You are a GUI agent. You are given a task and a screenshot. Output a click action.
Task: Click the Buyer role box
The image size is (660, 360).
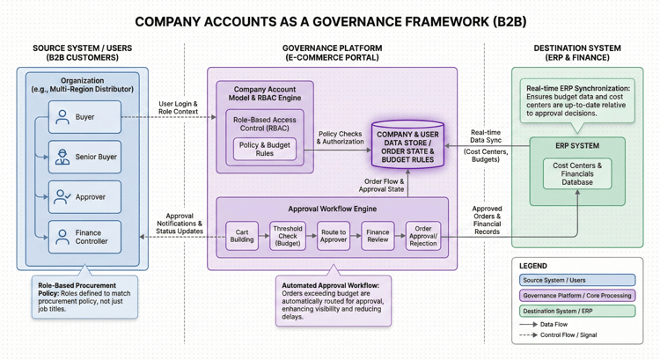(x=84, y=117)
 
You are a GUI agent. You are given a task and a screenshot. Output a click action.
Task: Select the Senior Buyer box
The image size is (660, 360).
(x=84, y=158)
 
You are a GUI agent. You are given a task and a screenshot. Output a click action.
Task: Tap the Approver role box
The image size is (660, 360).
(x=84, y=197)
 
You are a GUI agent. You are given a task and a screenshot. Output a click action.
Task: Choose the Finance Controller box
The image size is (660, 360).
(x=84, y=237)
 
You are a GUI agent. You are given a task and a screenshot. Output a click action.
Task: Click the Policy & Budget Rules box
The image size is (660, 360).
(x=264, y=149)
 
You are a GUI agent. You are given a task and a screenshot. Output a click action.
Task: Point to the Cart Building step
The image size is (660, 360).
(x=242, y=236)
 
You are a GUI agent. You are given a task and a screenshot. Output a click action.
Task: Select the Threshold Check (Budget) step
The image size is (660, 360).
(x=287, y=235)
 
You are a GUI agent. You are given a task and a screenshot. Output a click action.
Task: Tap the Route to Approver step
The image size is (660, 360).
(x=334, y=236)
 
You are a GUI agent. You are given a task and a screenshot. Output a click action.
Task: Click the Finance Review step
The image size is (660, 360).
(x=378, y=236)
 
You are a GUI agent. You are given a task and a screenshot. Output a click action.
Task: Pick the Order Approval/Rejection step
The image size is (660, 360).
(x=423, y=236)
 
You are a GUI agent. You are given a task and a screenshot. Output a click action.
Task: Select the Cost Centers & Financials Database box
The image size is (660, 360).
(x=577, y=173)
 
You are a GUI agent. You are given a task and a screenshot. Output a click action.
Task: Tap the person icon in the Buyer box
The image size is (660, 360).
(x=62, y=117)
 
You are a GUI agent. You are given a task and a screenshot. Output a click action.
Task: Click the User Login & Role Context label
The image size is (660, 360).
(x=179, y=108)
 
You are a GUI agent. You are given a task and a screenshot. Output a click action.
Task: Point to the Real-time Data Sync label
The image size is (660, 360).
(x=486, y=136)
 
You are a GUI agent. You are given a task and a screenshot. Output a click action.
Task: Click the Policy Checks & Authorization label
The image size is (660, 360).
(x=341, y=138)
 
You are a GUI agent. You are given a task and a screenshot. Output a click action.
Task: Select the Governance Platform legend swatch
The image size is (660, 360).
(x=577, y=296)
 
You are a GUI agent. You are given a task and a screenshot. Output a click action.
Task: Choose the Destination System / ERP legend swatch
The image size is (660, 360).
(x=577, y=311)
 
